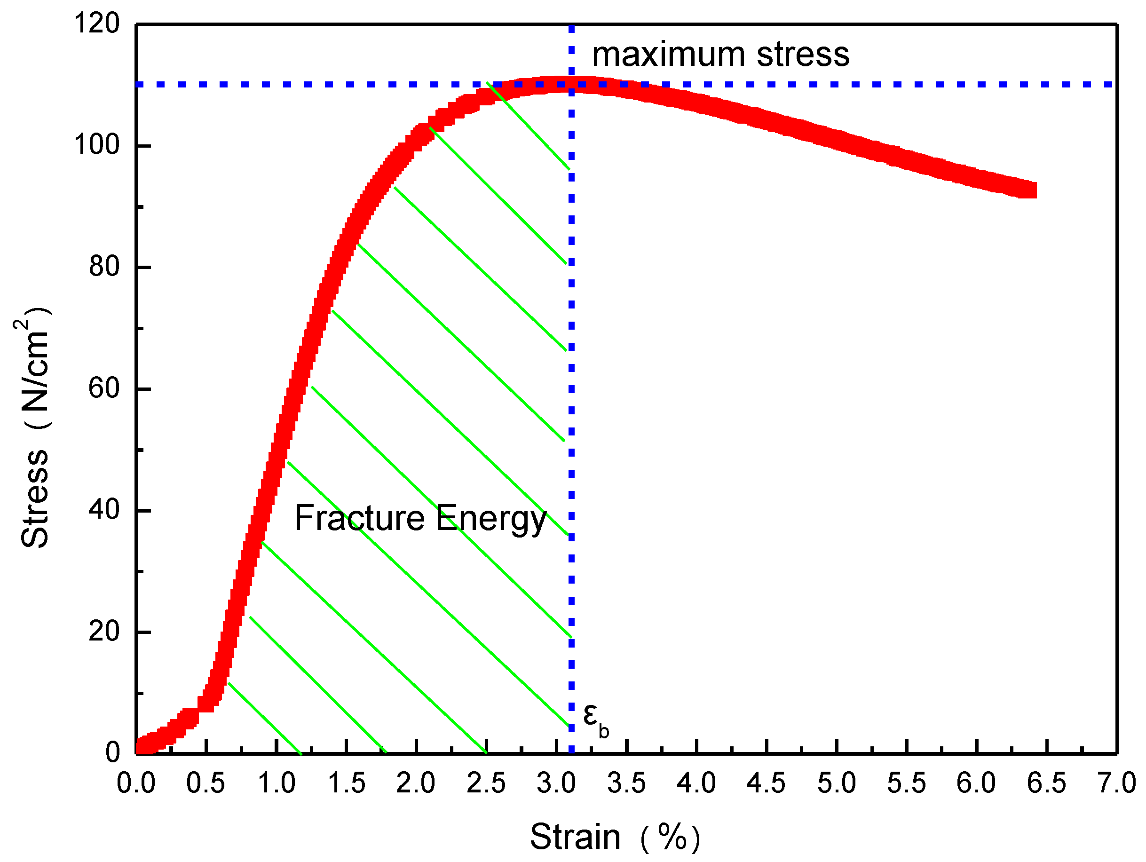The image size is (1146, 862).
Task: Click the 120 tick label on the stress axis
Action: click(x=97, y=24)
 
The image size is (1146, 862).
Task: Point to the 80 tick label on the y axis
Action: click(x=104, y=266)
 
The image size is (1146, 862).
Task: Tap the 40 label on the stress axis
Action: click(x=104, y=510)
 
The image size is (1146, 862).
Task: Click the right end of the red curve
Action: click(x=1031, y=190)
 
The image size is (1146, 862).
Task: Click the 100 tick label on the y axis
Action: click(x=97, y=144)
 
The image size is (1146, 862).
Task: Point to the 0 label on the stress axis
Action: click(x=112, y=752)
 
